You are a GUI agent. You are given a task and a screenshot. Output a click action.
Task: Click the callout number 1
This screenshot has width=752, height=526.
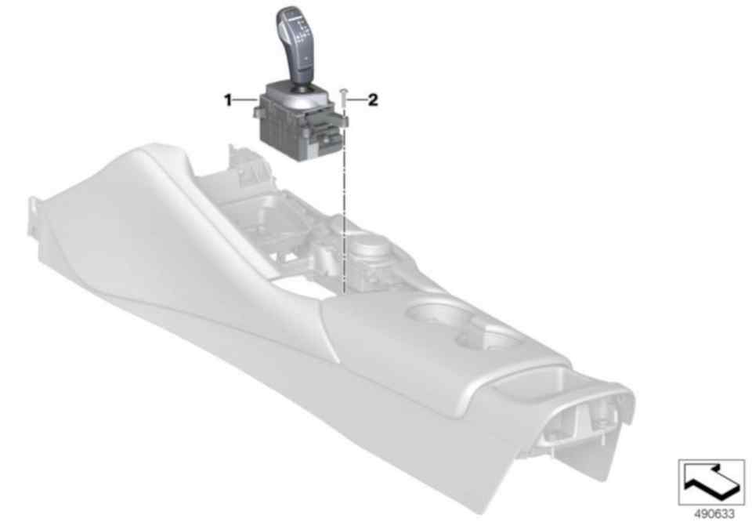[x=228, y=100]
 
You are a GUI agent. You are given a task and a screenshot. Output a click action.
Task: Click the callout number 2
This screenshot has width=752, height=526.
[x=373, y=100]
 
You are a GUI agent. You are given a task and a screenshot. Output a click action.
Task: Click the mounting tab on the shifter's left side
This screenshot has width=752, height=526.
[x=257, y=111]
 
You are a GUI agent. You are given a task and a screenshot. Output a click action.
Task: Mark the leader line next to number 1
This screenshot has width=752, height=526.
[x=246, y=100]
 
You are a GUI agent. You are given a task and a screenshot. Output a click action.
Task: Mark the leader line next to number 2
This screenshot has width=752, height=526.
[x=356, y=100]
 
